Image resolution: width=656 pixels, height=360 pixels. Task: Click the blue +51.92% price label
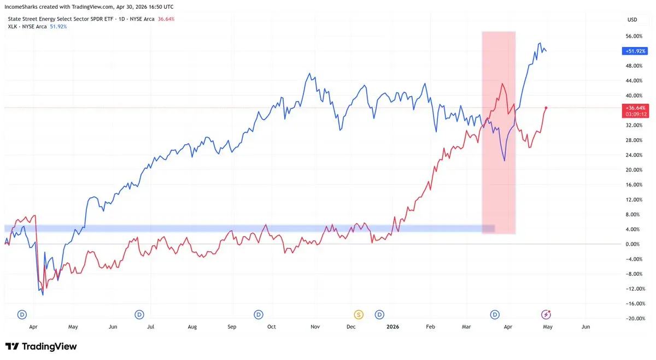[635, 51]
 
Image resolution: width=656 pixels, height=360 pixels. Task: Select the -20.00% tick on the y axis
[634, 318]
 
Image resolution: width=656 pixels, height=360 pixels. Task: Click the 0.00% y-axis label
[634, 244]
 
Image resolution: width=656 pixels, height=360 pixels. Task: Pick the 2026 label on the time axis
[393, 327]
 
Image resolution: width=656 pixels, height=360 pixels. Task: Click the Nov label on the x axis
[315, 327]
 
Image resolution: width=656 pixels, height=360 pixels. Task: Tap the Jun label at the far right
[585, 327]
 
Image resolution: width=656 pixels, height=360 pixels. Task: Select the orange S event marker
[359, 314]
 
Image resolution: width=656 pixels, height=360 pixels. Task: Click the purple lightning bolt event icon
[546, 314]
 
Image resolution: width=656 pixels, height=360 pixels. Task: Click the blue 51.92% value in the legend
[58, 26]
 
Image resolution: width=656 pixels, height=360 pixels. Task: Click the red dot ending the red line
[547, 108]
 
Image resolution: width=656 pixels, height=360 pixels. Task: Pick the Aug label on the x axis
[192, 327]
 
